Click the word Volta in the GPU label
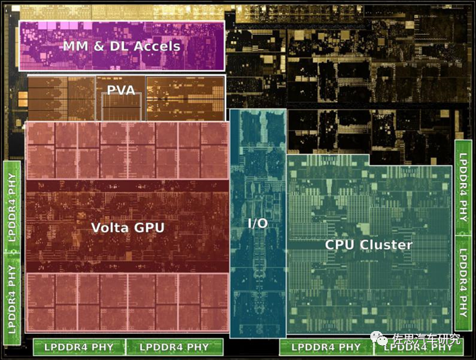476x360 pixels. pos(108,227)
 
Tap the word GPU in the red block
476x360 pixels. pos(149,227)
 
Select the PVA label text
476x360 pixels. pos(121,90)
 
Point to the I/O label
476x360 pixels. pos(258,223)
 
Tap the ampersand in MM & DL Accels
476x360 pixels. pos(99,46)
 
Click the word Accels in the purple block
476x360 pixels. pos(157,46)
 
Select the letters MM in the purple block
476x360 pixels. pos(75,46)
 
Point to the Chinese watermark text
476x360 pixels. pos(426,338)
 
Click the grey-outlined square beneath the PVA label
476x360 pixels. pos(121,106)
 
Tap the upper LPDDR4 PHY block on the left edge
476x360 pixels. pos(12,207)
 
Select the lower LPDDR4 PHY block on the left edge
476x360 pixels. pos(12,299)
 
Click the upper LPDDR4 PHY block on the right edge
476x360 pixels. pos(463,188)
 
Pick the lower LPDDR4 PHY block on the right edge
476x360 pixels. pos(463,283)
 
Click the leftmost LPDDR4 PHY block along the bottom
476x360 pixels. pos(79,347)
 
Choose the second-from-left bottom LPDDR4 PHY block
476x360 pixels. pos(174,347)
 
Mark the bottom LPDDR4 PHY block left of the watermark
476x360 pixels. pos(326,347)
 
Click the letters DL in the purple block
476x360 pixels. pos(119,46)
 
